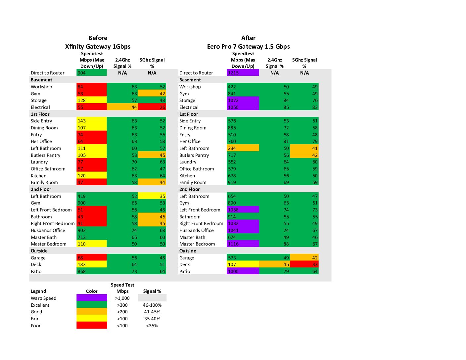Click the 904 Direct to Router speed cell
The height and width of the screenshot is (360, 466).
91,73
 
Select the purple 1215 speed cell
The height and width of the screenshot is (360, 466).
243,73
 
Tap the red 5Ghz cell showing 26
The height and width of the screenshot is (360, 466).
152,107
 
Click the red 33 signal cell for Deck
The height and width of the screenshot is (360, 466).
304,264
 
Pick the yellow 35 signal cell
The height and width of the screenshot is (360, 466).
152,196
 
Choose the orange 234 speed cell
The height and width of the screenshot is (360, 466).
243,148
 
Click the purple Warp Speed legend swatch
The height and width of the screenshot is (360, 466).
92,298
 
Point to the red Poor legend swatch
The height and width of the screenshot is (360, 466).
92,326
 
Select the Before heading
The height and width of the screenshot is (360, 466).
98,38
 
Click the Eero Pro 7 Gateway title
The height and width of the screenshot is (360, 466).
248,47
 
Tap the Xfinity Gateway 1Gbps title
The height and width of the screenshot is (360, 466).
98,47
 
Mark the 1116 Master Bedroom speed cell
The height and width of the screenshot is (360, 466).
243,244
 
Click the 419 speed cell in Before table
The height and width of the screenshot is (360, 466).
91,196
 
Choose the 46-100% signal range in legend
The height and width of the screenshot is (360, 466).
152,305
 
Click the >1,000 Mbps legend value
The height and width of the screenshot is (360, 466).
122,298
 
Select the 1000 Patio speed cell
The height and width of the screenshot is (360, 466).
243,271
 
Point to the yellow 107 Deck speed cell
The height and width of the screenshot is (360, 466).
243,264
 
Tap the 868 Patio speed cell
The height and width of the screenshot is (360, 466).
91,271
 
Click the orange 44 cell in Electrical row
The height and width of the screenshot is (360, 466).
122,107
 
